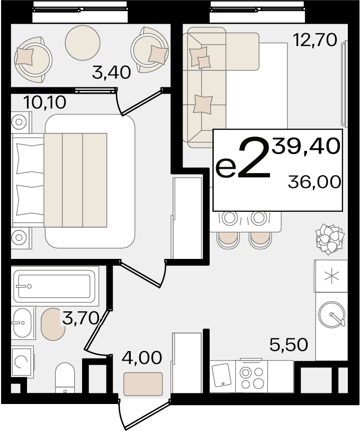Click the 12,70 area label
(315, 40)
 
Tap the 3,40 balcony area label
(112, 73)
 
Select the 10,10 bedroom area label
(45, 102)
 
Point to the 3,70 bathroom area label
(81, 319)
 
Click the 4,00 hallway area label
(142, 358)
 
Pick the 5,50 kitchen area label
(289, 345)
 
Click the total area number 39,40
(306, 146)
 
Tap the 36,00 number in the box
(314, 182)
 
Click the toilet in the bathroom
(65, 379)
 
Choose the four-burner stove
(251, 376)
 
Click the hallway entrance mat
(143, 384)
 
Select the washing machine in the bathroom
(23, 361)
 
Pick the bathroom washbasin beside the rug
(23, 323)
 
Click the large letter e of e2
(226, 168)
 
